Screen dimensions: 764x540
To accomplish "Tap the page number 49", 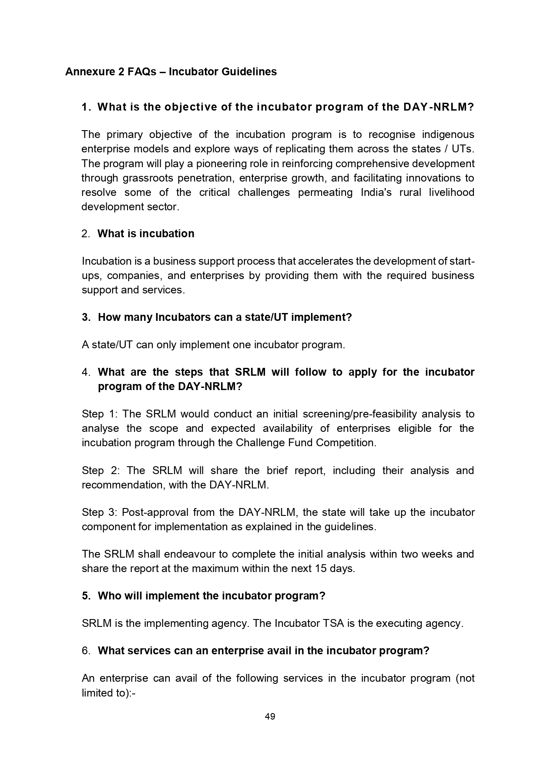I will coord(270,717).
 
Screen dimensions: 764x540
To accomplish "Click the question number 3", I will coord(85,317).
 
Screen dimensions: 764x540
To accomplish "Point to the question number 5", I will coord(85,596).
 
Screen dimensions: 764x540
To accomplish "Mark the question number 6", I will coord(85,651).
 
